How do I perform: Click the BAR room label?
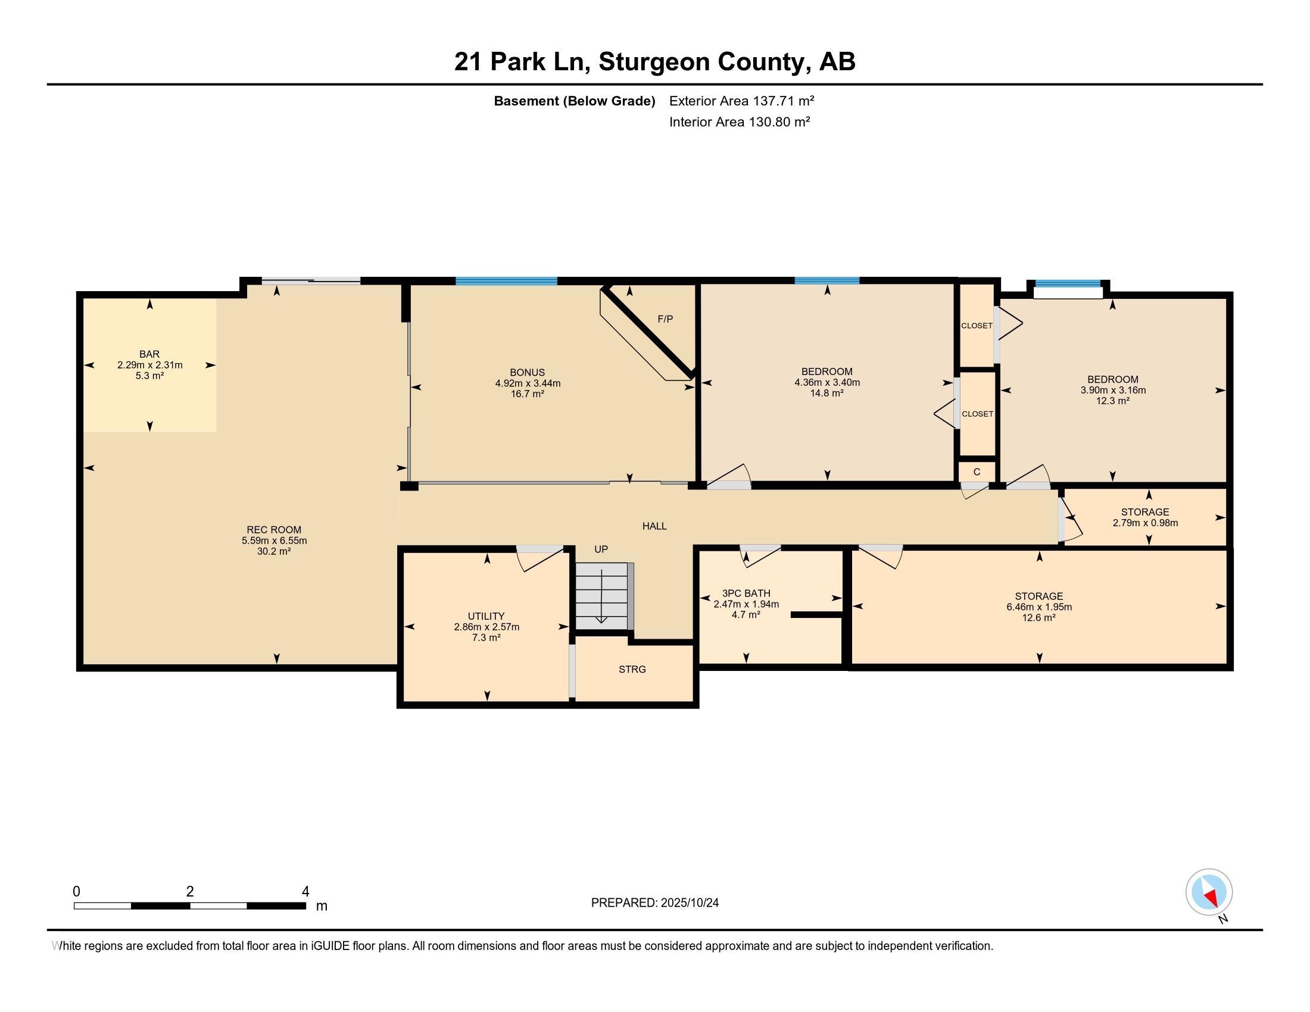pyautogui.click(x=149, y=354)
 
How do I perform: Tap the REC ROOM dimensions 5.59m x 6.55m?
pyautogui.click(x=274, y=541)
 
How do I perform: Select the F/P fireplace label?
pyautogui.click(x=665, y=319)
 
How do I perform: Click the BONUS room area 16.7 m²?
pyautogui.click(x=527, y=395)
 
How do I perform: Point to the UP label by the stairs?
pyautogui.click(x=601, y=549)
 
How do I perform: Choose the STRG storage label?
pyautogui.click(x=632, y=669)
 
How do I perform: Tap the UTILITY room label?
pyautogui.click(x=486, y=616)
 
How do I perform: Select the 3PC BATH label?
pyautogui.click(x=746, y=594)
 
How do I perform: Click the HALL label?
pyautogui.click(x=654, y=526)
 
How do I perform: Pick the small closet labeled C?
pyautogui.click(x=977, y=472)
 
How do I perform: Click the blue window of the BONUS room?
pyautogui.click(x=506, y=280)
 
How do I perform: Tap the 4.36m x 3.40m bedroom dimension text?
pyautogui.click(x=827, y=383)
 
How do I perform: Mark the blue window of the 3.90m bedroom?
pyautogui.click(x=1068, y=283)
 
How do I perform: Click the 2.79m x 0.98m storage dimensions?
pyautogui.click(x=1145, y=523)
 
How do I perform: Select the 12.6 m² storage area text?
pyautogui.click(x=1039, y=617)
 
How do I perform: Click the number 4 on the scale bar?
pyautogui.click(x=305, y=892)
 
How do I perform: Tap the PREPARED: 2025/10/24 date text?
pyautogui.click(x=655, y=903)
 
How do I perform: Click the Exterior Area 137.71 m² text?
pyautogui.click(x=742, y=101)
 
